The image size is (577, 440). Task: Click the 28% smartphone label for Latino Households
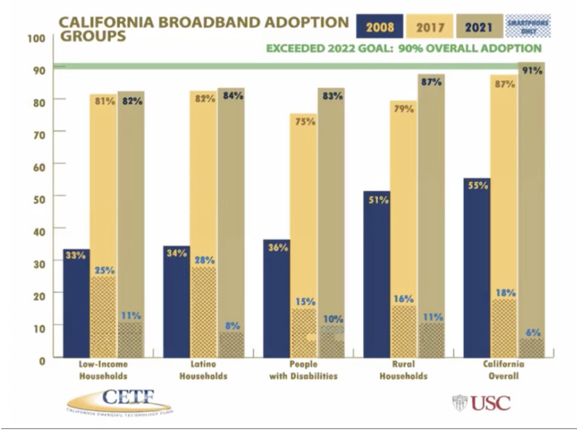tap(204, 260)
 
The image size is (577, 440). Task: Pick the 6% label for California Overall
tap(533, 332)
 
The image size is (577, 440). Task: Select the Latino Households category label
tap(204, 370)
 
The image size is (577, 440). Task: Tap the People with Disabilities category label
tap(304, 370)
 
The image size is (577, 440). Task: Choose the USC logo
tap(481, 402)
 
